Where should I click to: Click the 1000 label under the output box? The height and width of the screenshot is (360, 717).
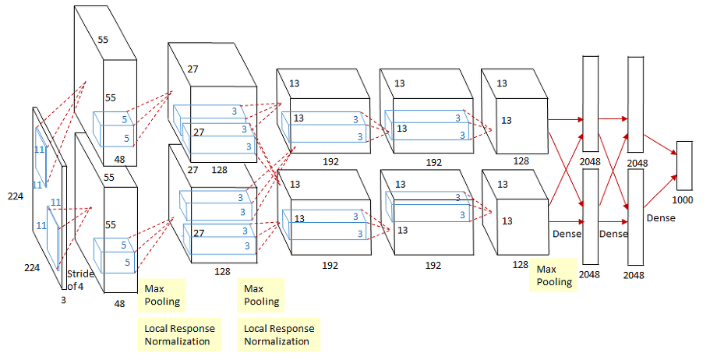tap(682, 199)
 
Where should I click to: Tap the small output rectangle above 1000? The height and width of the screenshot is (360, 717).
tap(684, 165)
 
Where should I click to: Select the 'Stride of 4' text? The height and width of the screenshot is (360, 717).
tap(80, 280)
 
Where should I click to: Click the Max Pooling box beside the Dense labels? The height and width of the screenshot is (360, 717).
tap(554, 276)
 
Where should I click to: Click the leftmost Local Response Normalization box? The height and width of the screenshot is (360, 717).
tap(177, 334)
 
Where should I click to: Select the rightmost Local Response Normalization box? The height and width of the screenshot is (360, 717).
tap(280, 334)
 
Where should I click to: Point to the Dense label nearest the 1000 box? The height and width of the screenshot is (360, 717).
tap(661, 218)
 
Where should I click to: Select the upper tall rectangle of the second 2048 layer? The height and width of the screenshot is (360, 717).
tap(636, 104)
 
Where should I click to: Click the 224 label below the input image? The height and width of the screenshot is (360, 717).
tap(31, 267)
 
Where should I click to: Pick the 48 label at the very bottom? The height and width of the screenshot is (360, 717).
tap(119, 303)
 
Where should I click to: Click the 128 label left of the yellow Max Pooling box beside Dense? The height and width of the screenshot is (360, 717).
tap(520, 265)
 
